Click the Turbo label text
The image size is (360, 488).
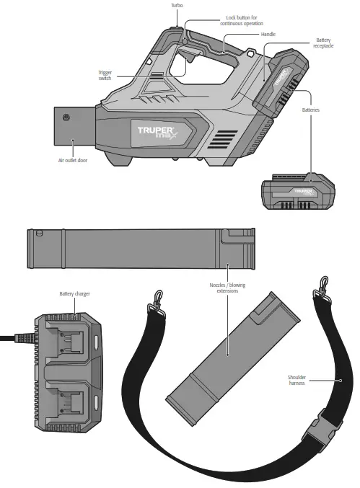(177, 5)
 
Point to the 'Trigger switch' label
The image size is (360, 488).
(105, 76)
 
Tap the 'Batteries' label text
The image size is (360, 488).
(311, 110)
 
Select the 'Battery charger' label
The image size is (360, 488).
(74, 294)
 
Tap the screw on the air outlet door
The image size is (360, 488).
(67, 117)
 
